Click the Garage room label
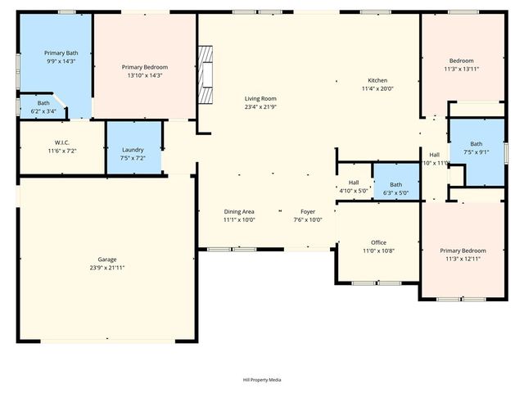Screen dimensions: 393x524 pyautogui.click(x=107, y=260)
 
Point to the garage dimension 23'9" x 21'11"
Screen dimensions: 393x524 pyautogui.click(x=107, y=268)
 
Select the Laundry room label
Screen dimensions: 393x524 pyautogui.click(x=133, y=150)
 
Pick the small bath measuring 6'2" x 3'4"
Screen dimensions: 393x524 pyautogui.click(x=43, y=106)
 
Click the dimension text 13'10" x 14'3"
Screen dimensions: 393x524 pyautogui.click(x=144, y=75)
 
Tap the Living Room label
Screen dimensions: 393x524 pyautogui.click(x=261, y=98)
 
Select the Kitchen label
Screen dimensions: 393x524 pyautogui.click(x=377, y=79)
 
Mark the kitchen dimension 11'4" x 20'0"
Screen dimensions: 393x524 pyautogui.click(x=377, y=88)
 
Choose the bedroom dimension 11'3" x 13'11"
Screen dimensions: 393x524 pyautogui.click(x=462, y=70)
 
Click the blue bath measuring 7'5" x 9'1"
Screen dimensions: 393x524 pyautogui.click(x=476, y=147)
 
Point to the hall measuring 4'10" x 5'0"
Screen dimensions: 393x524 pyautogui.click(x=354, y=187)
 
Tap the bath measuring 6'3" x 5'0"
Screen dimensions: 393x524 pyautogui.click(x=395, y=188)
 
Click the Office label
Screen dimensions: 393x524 pyautogui.click(x=378, y=242)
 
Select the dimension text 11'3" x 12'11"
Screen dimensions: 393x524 pyautogui.click(x=463, y=260)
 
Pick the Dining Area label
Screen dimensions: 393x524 pyautogui.click(x=239, y=212)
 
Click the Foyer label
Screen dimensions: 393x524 pyautogui.click(x=308, y=212)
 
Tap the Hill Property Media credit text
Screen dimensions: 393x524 pyautogui.click(x=262, y=380)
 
